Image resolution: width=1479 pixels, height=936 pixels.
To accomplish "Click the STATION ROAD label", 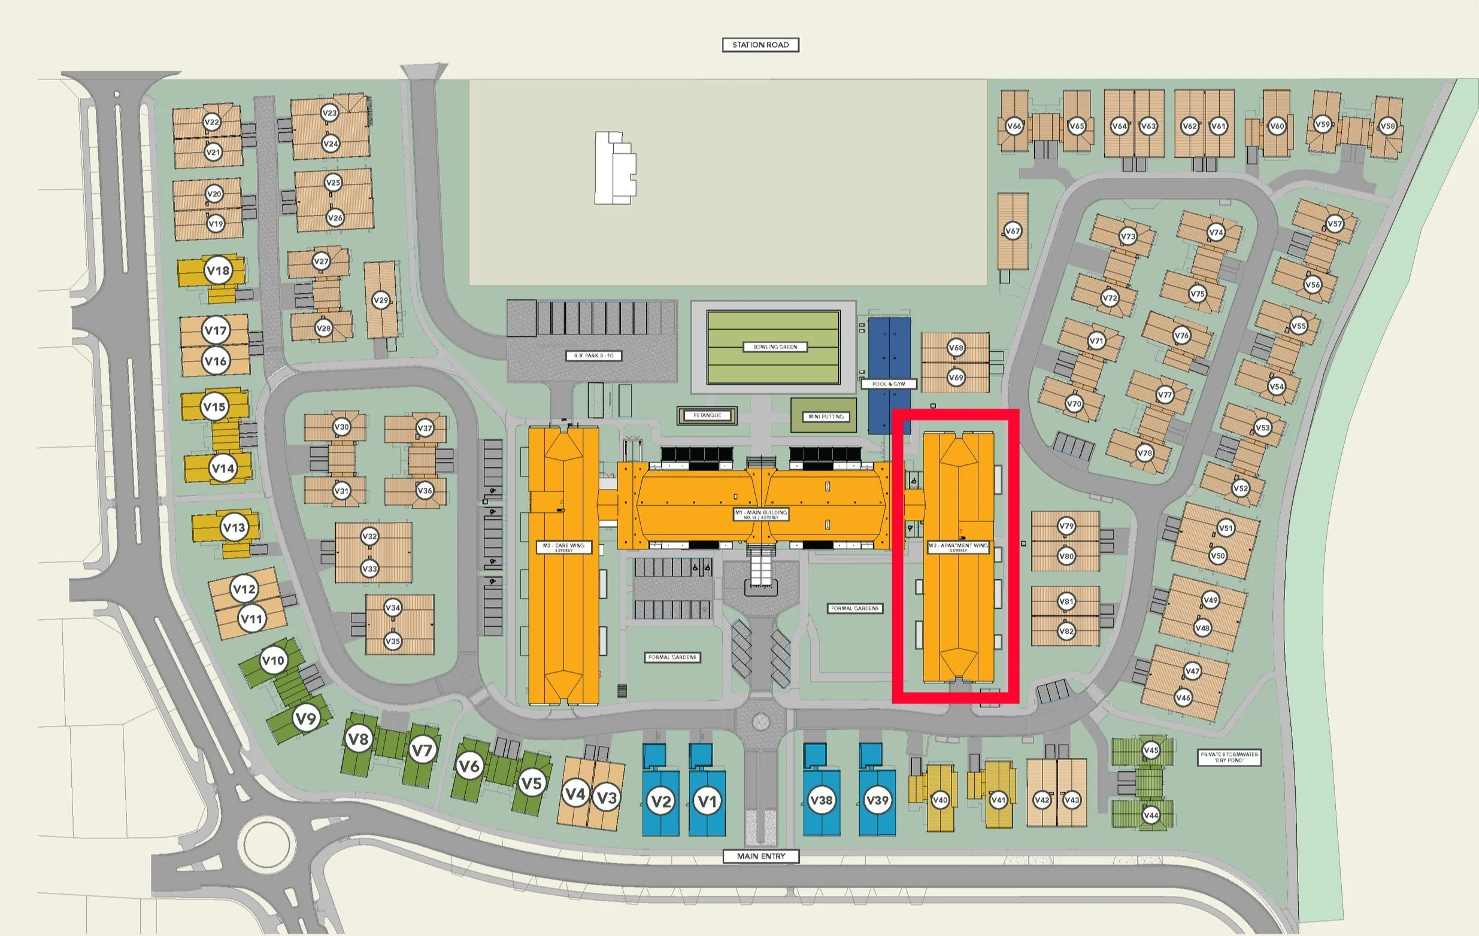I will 760,45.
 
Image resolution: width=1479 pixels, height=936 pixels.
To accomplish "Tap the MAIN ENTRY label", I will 761,856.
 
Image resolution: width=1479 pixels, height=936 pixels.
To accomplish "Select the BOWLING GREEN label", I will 774,347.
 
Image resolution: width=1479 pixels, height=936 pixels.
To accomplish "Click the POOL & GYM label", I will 889,384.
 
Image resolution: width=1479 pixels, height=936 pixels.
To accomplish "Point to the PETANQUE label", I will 707,415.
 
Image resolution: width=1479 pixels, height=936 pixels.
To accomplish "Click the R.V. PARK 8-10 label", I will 593,355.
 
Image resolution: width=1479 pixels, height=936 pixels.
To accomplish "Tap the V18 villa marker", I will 218,271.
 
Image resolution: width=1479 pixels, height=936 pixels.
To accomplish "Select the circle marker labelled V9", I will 305,718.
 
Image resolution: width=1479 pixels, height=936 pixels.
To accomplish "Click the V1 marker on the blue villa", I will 707,801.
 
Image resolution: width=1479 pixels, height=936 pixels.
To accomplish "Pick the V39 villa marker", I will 877,800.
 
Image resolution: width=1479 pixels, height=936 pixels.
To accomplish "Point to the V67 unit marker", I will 1012,232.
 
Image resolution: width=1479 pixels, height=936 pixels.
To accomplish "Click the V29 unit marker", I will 381,301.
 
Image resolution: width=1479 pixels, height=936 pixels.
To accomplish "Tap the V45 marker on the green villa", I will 1150,750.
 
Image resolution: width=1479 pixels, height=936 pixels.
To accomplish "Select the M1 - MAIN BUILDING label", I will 761,514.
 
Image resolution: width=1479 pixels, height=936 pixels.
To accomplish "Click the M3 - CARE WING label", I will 563,548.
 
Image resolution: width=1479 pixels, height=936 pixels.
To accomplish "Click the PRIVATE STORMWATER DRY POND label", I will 1230,758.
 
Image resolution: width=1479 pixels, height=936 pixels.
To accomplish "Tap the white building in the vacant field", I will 614,168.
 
